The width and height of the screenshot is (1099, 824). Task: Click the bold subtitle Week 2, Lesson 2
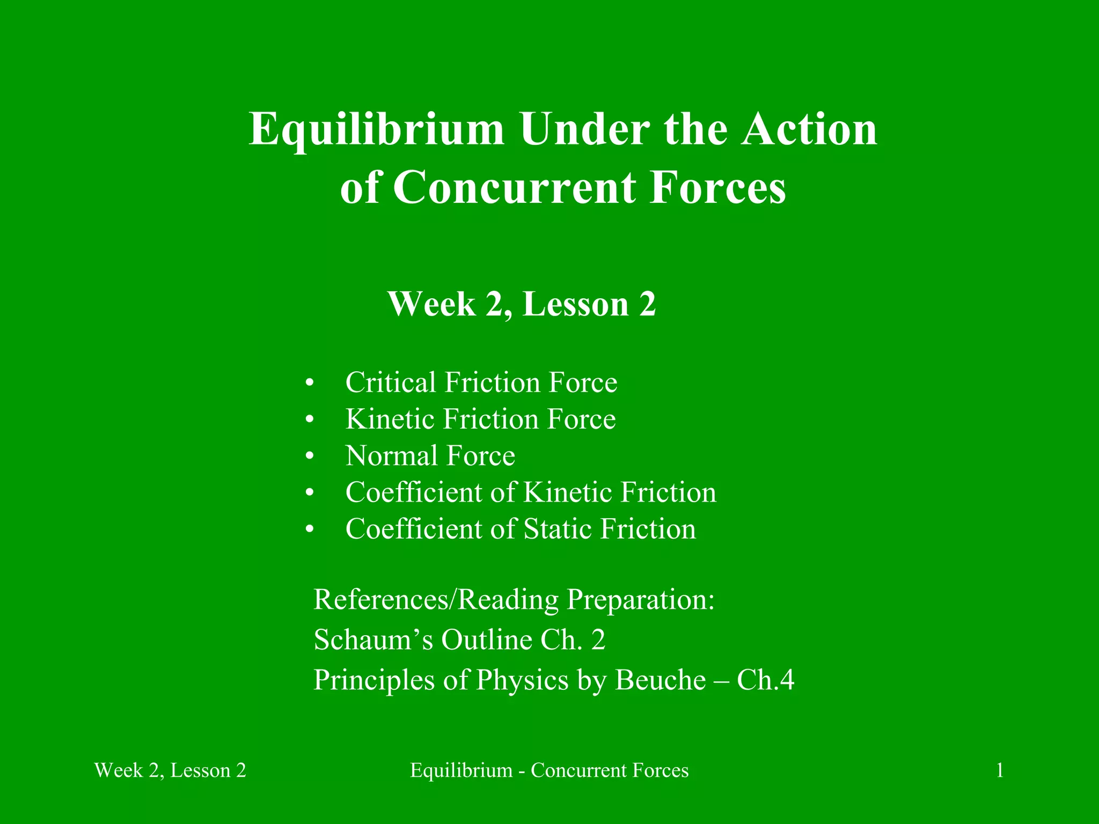(522, 304)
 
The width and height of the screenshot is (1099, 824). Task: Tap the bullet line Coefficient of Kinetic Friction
(530, 492)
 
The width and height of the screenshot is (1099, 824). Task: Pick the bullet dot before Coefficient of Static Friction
(309, 529)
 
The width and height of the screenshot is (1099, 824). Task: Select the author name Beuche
(660, 680)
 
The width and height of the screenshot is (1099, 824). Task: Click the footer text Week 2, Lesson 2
(170, 771)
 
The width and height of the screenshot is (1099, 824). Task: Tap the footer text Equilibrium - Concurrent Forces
(549, 771)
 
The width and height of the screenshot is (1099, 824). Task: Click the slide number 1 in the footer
(1000, 771)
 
